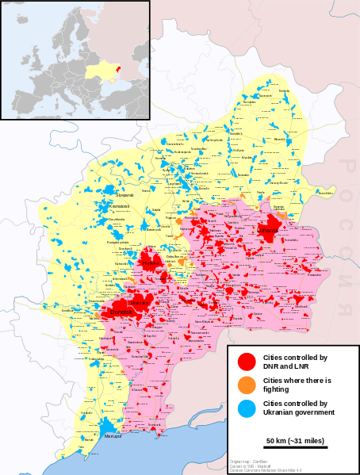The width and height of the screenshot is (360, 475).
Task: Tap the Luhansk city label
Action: pyautogui.click(x=268, y=231)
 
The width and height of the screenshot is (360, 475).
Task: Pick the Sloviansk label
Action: pyautogui.click(x=124, y=194)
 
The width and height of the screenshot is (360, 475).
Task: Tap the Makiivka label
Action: pyautogui.click(x=140, y=303)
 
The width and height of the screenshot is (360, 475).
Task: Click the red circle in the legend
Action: pyautogui.click(x=247, y=362)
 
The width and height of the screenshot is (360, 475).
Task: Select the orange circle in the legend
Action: pyautogui.click(x=247, y=385)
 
